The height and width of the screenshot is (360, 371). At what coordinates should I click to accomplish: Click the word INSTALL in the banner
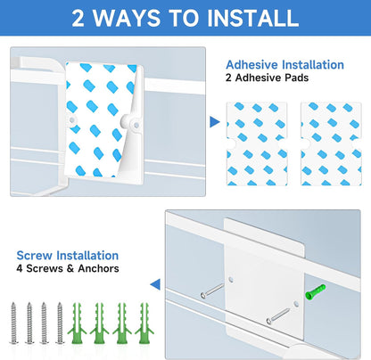pyautogui.click(x=252, y=18)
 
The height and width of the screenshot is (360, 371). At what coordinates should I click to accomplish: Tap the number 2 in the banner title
pyautogui.click(x=78, y=18)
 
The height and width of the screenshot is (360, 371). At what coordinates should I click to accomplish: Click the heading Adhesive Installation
pyautogui.click(x=284, y=65)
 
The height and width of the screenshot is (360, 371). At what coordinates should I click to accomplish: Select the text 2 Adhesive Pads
pyautogui.click(x=267, y=78)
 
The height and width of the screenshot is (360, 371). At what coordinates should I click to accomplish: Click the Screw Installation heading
pyautogui.click(x=68, y=256)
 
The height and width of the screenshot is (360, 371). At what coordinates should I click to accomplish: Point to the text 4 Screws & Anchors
pyautogui.click(x=68, y=268)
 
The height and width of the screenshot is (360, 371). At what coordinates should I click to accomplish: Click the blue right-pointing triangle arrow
pyautogui.click(x=214, y=122)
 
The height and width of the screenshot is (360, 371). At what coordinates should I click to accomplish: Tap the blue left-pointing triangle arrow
pyautogui.click(x=155, y=284)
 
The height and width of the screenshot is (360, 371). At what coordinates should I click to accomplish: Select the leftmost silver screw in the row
pyautogui.click(x=13, y=323)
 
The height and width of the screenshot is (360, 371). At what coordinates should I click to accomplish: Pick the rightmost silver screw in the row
pyautogui.click(x=60, y=323)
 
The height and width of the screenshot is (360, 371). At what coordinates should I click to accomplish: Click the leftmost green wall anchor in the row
pyautogui.click(x=77, y=323)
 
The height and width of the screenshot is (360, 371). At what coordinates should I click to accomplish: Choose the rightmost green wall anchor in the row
pyautogui.click(x=144, y=323)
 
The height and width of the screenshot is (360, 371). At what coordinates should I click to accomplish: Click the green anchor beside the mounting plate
pyautogui.click(x=316, y=292)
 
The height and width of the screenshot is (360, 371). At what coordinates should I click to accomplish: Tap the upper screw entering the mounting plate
pyautogui.click(x=212, y=290)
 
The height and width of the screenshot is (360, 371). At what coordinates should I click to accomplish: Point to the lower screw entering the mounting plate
pyautogui.click(x=278, y=315)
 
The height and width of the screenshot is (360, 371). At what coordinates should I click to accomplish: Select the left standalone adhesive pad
pyautogui.click(x=257, y=143)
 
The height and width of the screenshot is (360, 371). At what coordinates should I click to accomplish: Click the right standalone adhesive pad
pyautogui.click(x=331, y=143)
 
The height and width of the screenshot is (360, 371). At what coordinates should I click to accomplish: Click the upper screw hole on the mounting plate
pyautogui.click(x=231, y=280)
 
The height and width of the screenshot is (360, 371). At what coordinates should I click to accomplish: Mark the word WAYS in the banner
pyautogui.click(x=127, y=18)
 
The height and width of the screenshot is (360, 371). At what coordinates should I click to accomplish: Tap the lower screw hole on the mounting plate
pyautogui.click(x=296, y=304)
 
